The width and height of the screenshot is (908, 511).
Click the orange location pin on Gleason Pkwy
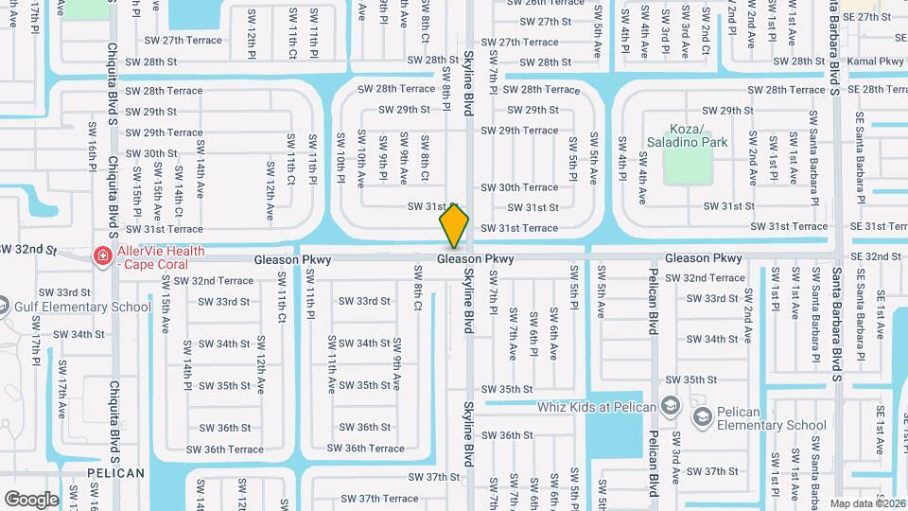click(x=455, y=226)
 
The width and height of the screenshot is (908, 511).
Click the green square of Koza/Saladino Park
click(x=688, y=165)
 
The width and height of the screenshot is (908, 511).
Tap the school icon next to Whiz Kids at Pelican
click(x=671, y=407)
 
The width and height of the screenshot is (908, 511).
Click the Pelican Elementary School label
click(x=772, y=418)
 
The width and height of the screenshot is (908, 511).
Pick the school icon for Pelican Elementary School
click(x=702, y=417)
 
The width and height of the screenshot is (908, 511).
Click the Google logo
click(x=31, y=499)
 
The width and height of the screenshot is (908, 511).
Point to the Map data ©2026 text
click(x=867, y=503)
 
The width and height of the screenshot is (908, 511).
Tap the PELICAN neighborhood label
click(x=115, y=472)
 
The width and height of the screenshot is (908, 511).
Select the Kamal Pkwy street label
click(x=879, y=61)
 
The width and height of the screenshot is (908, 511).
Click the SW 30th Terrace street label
click(x=519, y=187)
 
